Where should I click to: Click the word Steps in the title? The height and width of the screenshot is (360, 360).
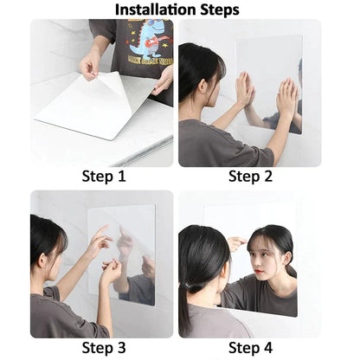(217, 10)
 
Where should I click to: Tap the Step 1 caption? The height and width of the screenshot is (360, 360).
(103, 177)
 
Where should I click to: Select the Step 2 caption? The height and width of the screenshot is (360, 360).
(251, 177)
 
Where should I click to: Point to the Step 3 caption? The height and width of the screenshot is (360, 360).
(103, 347)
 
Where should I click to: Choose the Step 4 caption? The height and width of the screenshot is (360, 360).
(251, 347)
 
